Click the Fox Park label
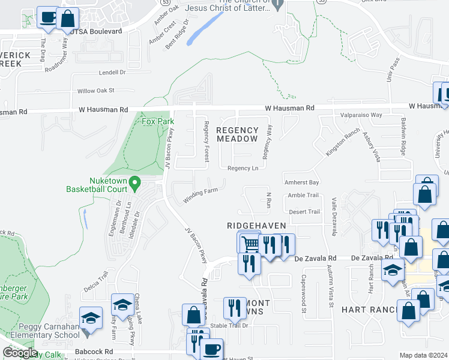158,121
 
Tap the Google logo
20,353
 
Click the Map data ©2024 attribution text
424,355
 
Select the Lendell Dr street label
113,73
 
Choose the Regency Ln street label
243,168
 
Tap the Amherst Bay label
303,182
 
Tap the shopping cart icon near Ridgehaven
249,244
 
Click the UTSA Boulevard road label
96,31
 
